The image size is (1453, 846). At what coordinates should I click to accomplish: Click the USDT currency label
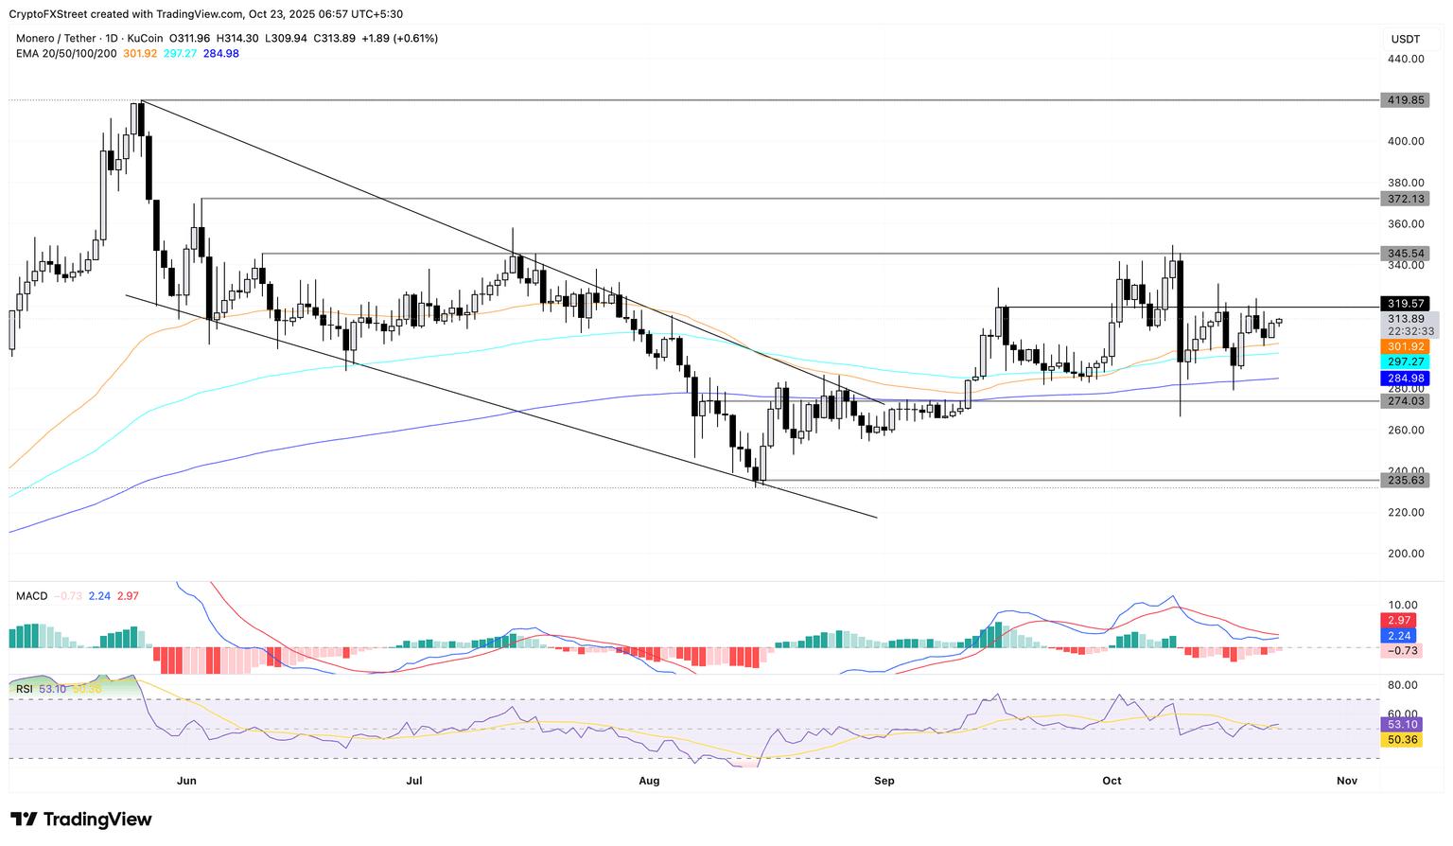click(x=1405, y=39)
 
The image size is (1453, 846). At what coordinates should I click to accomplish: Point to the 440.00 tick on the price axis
click(x=1406, y=59)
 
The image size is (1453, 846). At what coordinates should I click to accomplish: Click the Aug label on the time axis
click(x=649, y=781)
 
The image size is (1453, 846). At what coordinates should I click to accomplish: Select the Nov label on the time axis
click(x=1347, y=781)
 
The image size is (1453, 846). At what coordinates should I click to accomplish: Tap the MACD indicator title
click(x=31, y=596)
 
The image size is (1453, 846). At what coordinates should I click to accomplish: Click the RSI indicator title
click(x=25, y=689)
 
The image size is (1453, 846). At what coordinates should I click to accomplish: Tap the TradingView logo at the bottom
click(x=81, y=820)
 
